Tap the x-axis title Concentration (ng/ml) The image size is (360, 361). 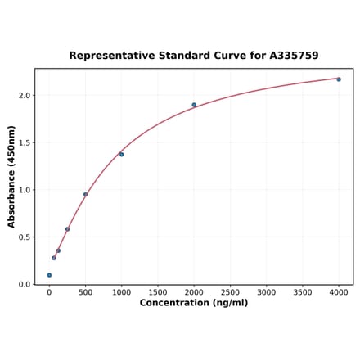[194, 303]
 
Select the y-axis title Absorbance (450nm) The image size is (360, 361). [11, 176]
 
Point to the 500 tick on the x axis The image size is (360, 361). [85, 291]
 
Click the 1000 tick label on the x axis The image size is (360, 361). [121, 291]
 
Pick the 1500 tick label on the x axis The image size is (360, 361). [158, 291]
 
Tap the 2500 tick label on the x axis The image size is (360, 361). [230, 291]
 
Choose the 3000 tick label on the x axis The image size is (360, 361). [266, 291]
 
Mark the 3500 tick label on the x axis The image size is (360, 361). [303, 291]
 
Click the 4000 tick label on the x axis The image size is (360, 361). [339, 291]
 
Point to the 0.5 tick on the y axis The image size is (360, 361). [24, 237]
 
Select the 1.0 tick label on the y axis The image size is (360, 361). [24, 190]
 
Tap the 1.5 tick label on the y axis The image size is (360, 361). [24, 142]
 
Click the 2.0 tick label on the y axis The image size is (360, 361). [24, 96]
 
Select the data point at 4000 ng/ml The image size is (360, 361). [339, 79]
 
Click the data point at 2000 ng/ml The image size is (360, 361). [194, 105]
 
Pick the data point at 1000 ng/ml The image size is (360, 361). [121, 154]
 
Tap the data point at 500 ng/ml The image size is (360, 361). [85, 194]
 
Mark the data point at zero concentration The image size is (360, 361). [49, 275]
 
